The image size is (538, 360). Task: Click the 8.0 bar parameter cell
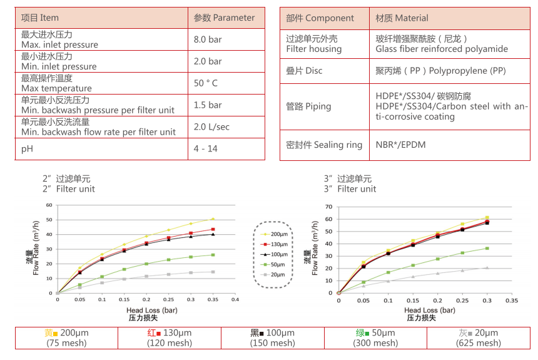coord(208,39)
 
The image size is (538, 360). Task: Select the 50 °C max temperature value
coord(206,83)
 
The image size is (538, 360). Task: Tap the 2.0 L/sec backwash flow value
coord(211,127)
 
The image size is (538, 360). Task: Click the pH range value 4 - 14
coord(206,149)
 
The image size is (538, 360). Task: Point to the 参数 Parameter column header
coord(225,18)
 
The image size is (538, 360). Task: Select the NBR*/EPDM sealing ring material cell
coord(400,145)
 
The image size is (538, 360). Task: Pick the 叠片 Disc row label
coord(304,71)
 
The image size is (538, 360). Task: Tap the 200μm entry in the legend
coord(275,233)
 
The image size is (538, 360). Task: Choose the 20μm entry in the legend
coord(275,274)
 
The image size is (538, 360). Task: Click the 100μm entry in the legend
coord(275,254)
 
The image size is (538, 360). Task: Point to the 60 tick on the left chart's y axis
coord(49,205)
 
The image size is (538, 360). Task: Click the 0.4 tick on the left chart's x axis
coord(235,300)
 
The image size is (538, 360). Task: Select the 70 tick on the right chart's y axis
coord(330,206)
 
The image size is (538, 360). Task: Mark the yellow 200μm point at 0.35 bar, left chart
coord(213,219)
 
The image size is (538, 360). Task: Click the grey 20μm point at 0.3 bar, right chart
coord(487,267)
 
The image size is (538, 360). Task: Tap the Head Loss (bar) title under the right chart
coord(429,310)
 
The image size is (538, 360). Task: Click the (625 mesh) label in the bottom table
coord(480,343)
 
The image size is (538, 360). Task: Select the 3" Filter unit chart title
coord(350,184)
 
